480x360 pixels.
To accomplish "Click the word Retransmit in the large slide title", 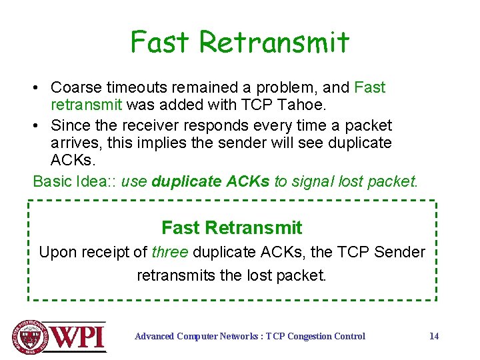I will (274, 42).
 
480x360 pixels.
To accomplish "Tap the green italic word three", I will (170, 253).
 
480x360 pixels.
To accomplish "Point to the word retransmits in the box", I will (176, 275).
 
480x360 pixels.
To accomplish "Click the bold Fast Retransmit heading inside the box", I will (231, 228).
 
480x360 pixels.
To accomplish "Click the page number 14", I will (433, 336).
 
